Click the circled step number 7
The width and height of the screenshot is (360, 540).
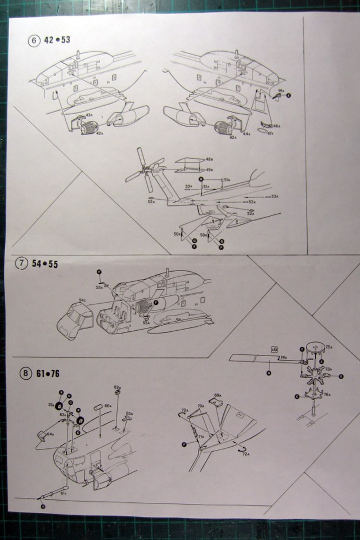point(22,263)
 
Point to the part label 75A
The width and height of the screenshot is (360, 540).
point(329,347)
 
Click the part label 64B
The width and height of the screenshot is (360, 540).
point(50,434)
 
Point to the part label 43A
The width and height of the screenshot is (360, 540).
point(89,115)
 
